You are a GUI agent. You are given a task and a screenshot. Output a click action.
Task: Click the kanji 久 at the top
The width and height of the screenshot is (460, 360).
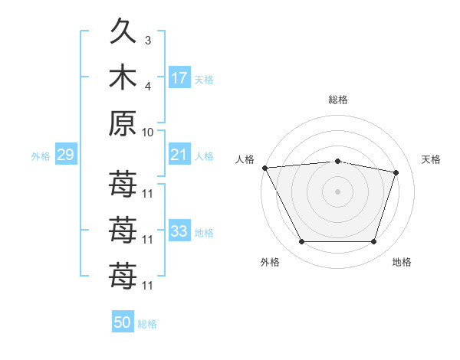point(123,31)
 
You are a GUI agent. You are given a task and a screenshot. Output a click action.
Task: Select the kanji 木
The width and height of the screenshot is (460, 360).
point(123,77)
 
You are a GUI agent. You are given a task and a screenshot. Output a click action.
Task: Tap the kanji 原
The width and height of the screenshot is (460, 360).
point(123,123)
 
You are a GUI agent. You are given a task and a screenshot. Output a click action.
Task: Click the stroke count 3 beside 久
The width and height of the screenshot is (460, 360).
point(148,41)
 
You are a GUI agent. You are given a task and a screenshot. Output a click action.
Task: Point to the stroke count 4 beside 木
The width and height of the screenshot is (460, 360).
point(148,87)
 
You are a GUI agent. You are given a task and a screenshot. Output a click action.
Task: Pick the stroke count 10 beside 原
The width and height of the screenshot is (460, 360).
point(147,133)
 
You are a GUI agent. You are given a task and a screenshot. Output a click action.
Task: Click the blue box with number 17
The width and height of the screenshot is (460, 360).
point(179,77)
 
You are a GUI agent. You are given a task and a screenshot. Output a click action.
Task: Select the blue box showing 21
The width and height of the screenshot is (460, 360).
point(179,154)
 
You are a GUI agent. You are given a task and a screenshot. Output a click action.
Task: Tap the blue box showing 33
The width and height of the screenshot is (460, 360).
point(179,230)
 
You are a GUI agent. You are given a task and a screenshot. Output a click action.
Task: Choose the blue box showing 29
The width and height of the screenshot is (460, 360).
point(66,154)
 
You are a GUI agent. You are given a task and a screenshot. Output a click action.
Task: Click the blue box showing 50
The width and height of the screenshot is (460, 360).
point(123,321)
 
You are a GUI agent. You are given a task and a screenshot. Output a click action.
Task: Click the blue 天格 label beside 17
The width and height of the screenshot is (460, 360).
point(204,80)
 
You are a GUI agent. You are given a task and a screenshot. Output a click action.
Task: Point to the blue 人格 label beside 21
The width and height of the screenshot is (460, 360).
point(204,156)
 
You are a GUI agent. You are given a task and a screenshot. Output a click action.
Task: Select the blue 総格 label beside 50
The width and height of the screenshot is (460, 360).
point(147,324)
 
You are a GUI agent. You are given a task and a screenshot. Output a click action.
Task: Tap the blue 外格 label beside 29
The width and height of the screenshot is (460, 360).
point(41,156)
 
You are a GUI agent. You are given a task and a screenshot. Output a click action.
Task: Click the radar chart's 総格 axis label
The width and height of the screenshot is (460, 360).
point(338,100)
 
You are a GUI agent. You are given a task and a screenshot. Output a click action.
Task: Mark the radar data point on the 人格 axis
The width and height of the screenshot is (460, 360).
point(265,168)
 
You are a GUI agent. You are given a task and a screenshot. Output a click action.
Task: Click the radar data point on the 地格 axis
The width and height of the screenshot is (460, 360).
point(373,241)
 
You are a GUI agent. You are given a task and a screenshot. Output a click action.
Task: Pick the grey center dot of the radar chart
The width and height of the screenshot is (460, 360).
point(337,191)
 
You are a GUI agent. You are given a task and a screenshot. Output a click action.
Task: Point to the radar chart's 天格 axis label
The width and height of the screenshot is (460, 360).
point(431,159)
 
